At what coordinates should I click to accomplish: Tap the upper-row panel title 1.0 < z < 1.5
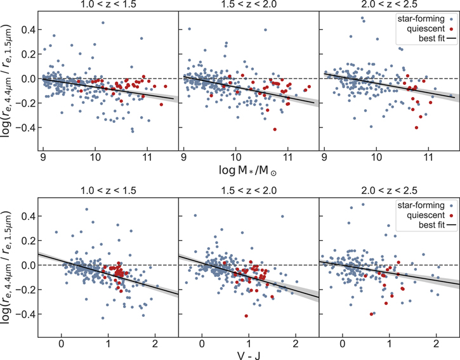[106, 7]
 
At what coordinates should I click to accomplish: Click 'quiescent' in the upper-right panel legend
[424, 29]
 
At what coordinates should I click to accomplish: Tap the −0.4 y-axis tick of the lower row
[25, 314]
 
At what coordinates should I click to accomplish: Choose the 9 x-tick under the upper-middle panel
[183, 155]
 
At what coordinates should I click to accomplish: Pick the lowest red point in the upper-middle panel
[275, 129]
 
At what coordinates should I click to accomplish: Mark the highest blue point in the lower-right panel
[363, 204]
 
